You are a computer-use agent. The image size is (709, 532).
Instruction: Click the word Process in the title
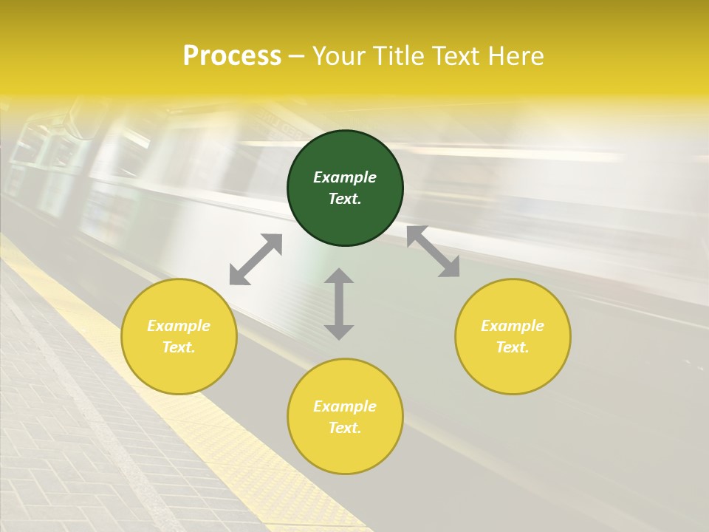(232, 56)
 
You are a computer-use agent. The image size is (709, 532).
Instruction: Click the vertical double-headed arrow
(339, 304)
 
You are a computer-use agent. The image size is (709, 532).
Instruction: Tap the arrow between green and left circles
(256, 259)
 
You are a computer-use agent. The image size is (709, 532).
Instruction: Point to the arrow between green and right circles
(433, 251)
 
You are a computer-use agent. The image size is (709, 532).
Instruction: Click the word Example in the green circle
(345, 177)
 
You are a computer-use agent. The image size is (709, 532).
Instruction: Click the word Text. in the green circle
(345, 199)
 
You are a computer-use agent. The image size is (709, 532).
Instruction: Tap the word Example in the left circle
(179, 326)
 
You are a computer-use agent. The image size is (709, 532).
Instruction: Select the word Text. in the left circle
(179, 347)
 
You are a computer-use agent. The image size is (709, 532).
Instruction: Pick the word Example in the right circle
(513, 326)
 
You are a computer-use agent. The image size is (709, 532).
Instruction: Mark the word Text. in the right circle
(513, 347)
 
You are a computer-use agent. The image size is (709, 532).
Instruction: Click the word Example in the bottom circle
(345, 406)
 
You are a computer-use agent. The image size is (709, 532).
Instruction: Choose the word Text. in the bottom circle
(345, 428)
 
